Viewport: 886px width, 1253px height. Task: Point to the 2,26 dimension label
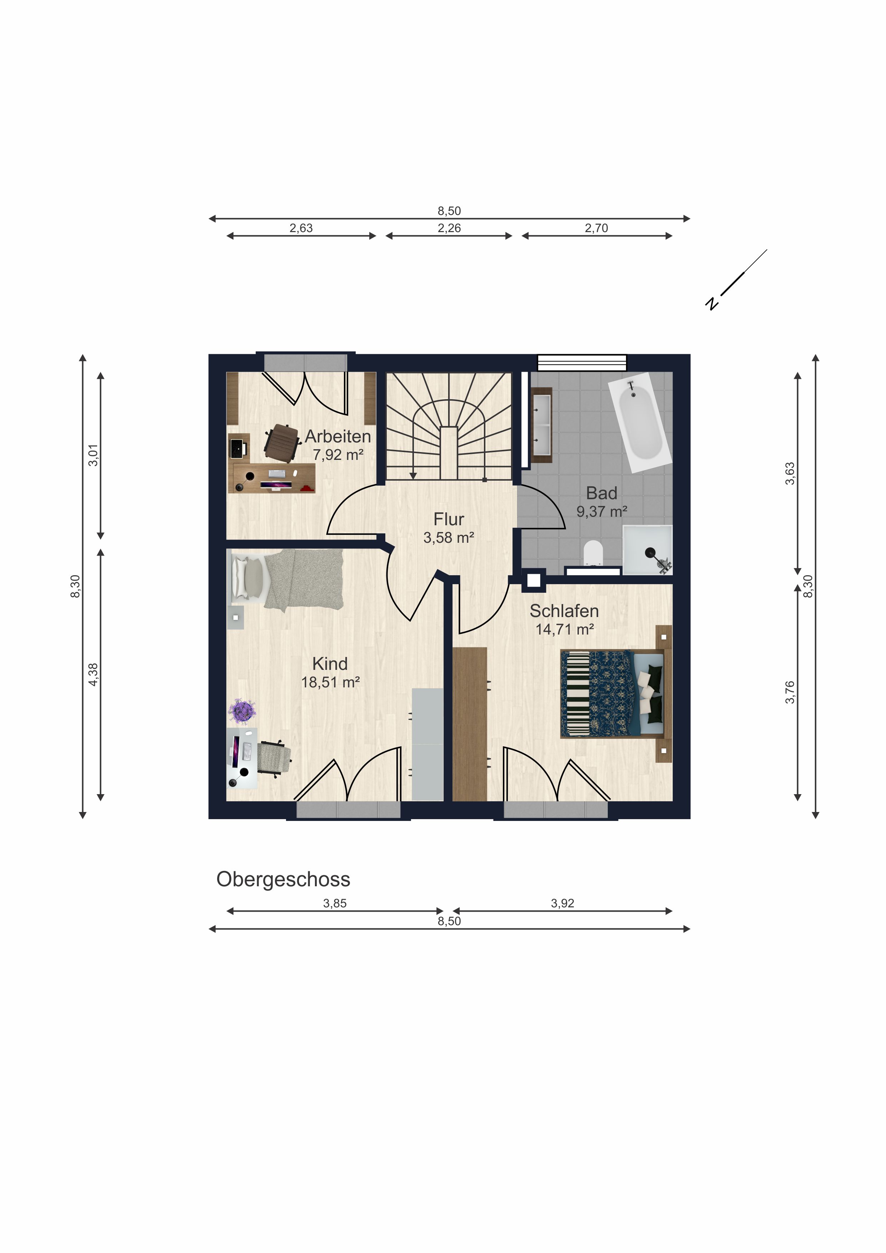point(449,228)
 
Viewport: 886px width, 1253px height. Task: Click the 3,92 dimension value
point(562,903)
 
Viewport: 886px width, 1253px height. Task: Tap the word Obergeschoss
point(283,879)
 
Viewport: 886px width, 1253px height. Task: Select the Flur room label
point(449,519)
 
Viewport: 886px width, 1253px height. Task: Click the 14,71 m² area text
point(565,629)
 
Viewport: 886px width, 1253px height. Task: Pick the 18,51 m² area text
point(330,682)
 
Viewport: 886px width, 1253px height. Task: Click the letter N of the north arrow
point(711,303)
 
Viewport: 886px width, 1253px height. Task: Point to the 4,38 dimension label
point(93,675)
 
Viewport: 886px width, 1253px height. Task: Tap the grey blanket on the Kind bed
point(304,580)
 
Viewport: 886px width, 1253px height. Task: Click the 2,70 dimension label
point(596,228)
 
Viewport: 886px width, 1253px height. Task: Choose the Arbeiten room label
point(338,437)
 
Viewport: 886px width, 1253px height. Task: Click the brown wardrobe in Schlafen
point(470,724)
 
